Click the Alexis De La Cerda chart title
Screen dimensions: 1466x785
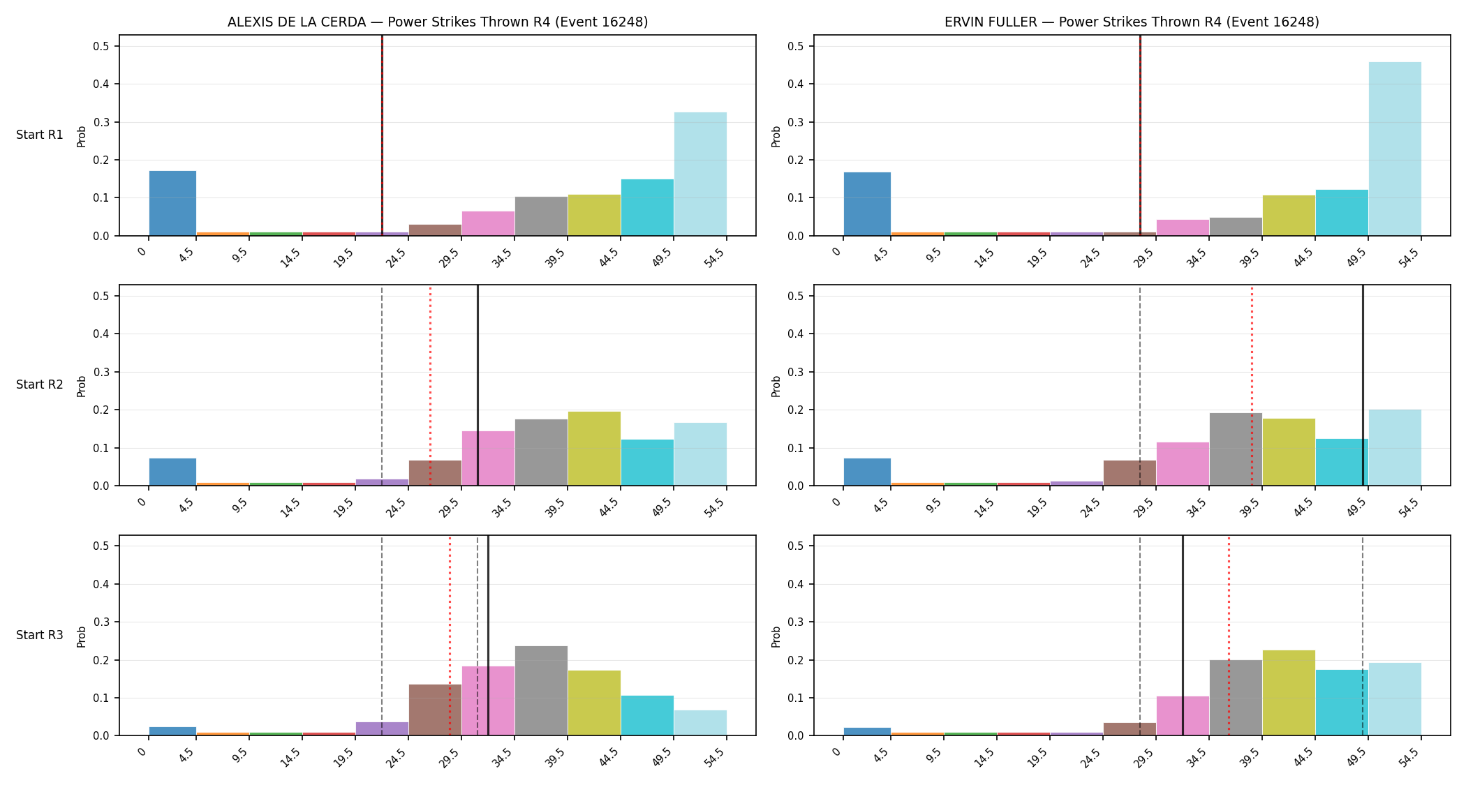438,22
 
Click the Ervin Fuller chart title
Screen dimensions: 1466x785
1132,22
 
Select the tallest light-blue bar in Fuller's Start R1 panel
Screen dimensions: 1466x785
1395,149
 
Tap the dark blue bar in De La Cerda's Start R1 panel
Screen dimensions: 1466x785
172,203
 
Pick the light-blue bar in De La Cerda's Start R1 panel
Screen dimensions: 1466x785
700,174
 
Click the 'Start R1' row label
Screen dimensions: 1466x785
40,135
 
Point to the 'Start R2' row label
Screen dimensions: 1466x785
40,384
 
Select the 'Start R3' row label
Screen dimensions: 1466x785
40,635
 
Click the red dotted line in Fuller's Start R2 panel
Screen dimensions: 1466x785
1252,385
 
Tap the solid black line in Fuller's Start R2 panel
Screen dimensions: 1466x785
1363,385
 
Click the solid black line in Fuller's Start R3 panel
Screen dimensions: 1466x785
1183,636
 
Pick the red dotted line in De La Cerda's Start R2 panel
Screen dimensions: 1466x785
430,385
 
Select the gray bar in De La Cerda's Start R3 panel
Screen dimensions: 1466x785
541,691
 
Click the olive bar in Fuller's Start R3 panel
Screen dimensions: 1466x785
1289,693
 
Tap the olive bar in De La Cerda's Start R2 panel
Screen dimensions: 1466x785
594,449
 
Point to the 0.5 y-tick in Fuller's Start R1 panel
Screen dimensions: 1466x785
795,46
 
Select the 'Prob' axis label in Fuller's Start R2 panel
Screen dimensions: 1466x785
776,386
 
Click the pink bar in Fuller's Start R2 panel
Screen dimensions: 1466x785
1183,464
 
